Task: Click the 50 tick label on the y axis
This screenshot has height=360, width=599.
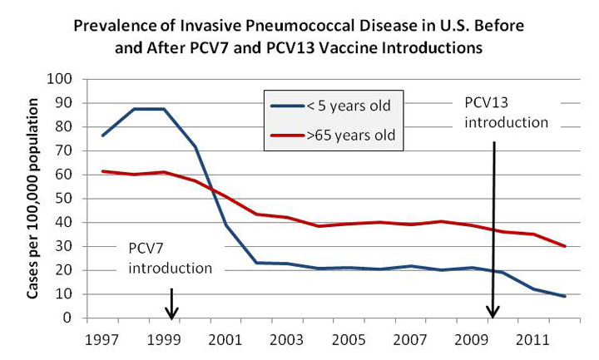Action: [x=67, y=200]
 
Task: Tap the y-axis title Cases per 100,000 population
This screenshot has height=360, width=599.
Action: [x=34, y=200]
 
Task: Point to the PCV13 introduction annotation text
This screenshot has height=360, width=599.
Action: [x=506, y=112]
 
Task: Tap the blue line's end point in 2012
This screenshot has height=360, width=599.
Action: [x=565, y=297]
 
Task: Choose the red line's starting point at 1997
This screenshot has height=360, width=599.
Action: [x=101, y=171]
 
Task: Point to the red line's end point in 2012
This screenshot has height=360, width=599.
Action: [x=565, y=246]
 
